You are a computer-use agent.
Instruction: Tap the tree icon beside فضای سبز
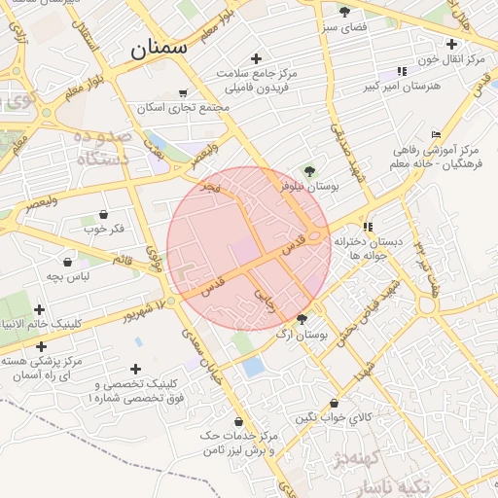[x=344, y=12]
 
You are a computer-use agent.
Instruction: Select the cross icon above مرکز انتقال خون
[x=450, y=44]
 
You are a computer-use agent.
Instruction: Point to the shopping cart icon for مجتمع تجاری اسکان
[x=183, y=93]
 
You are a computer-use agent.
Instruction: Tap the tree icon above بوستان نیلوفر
[x=309, y=170]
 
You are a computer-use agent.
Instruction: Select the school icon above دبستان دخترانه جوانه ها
[x=367, y=226]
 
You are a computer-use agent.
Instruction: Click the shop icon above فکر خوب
[x=104, y=214]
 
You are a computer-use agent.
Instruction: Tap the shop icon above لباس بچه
[x=67, y=261]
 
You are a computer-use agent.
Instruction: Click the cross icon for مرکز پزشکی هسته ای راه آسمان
[x=41, y=346]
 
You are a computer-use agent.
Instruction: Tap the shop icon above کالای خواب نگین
[x=334, y=403]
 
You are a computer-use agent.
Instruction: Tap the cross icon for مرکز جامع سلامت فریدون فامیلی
[x=256, y=59]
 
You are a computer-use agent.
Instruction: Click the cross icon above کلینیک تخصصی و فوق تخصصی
[x=134, y=369]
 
